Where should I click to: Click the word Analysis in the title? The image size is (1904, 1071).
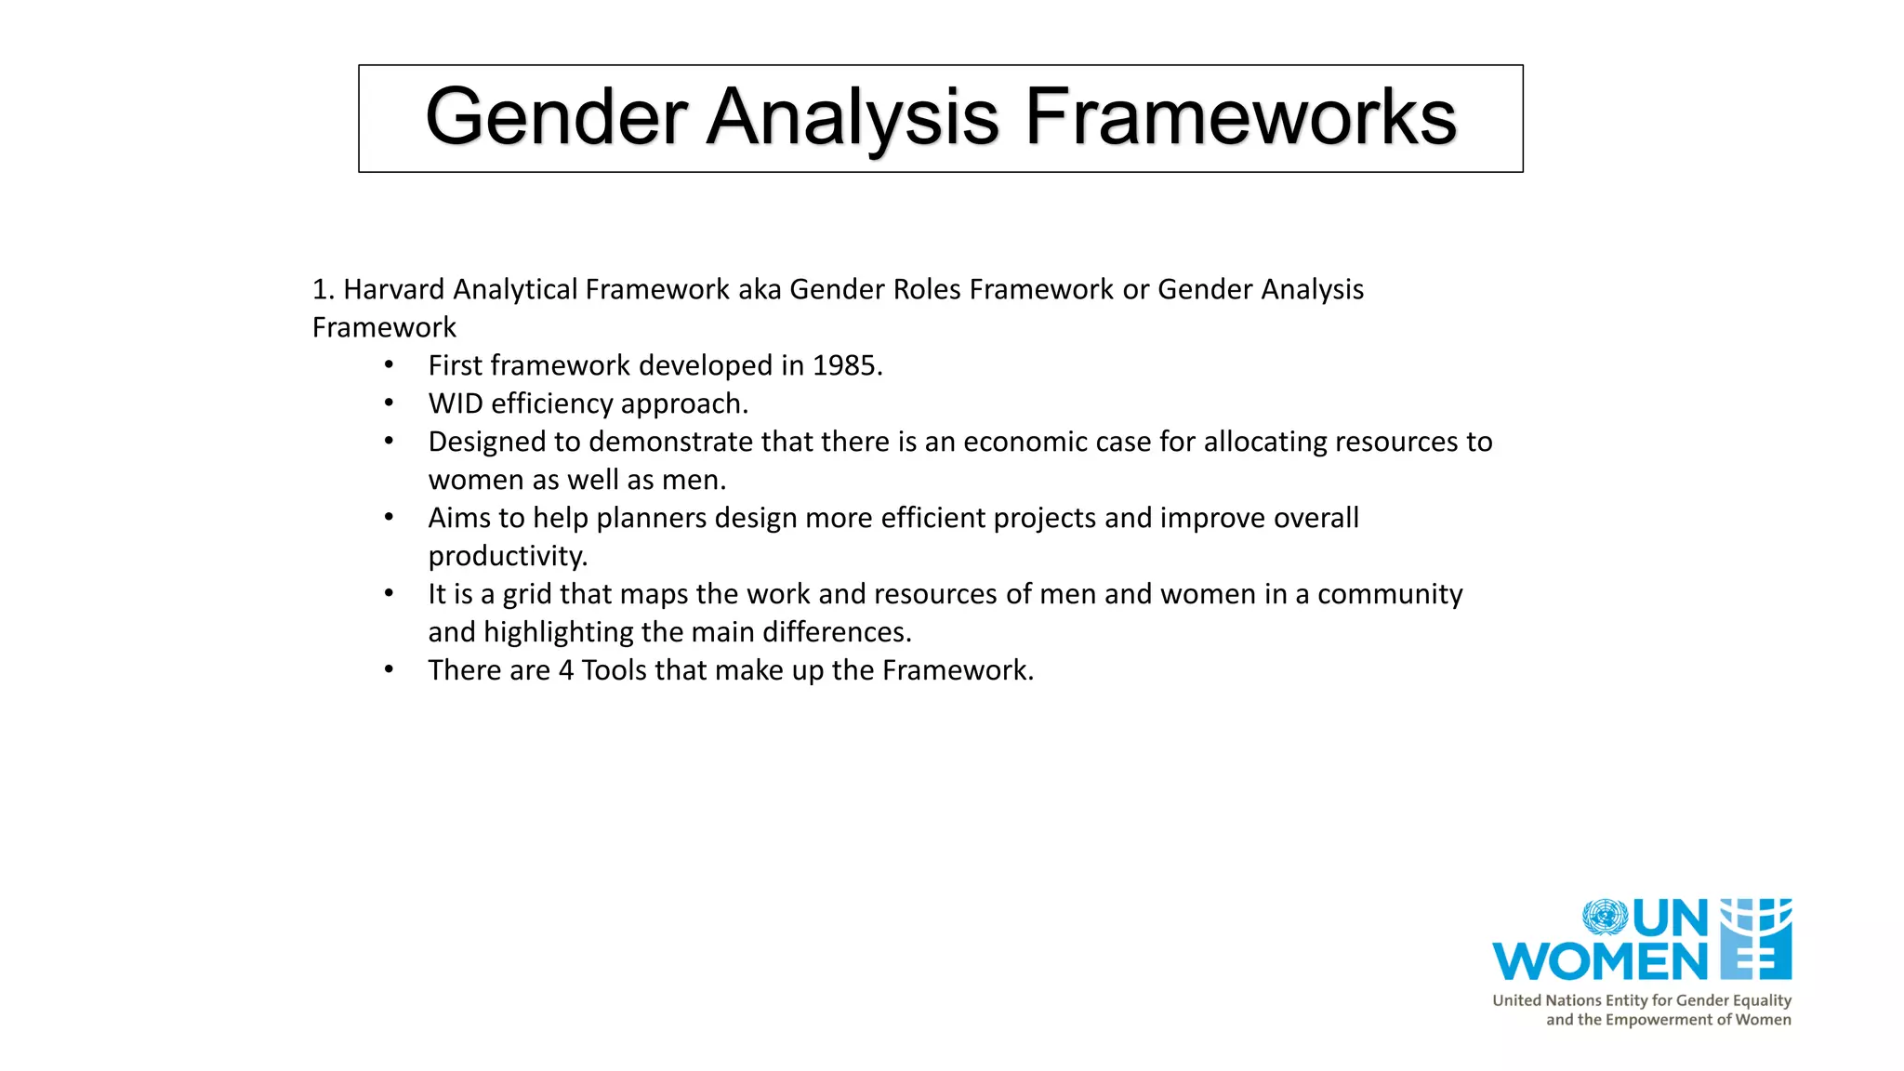[x=853, y=118]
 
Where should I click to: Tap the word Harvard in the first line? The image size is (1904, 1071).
[x=394, y=289]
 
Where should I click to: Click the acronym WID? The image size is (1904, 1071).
[x=456, y=403]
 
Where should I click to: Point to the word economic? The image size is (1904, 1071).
[x=1025, y=442]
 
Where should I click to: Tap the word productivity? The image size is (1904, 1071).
[x=508, y=556]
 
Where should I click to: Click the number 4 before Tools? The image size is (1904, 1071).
[x=566, y=670]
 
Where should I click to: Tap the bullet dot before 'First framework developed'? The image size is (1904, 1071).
[x=390, y=365]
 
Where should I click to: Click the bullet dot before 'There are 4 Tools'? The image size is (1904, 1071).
[x=390, y=670]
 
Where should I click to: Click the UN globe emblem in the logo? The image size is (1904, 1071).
[x=1605, y=918]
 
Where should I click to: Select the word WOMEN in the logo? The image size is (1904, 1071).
[x=1600, y=961]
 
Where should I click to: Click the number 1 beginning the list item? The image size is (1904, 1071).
[x=319, y=289]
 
